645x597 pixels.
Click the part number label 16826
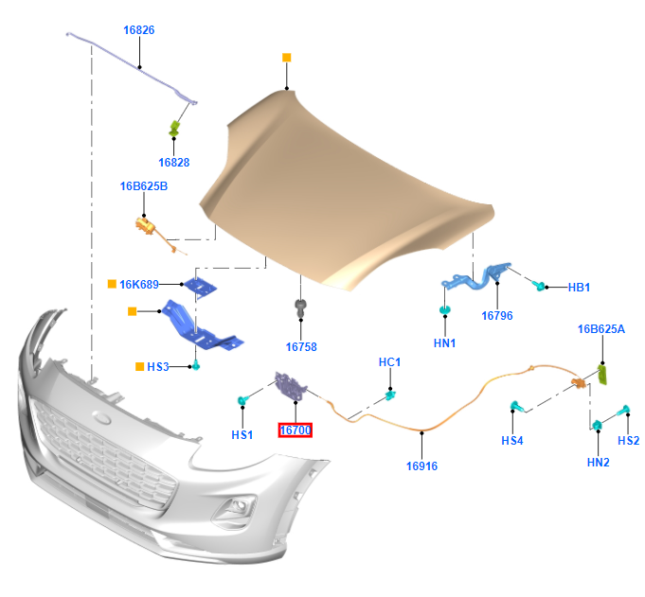(138, 30)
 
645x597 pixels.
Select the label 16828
(174, 162)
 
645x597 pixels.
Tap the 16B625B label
(143, 186)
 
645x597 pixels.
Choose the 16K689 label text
(138, 284)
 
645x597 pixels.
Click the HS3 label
(157, 367)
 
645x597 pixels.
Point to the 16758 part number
(301, 347)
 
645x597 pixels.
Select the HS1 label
(242, 434)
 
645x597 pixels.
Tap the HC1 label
(390, 362)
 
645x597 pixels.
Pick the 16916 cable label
(422, 465)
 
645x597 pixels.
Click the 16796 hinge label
(496, 316)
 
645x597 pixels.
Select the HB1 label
(579, 287)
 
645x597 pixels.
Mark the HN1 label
(444, 343)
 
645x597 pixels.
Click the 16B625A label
(601, 329)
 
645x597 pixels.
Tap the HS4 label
(512, 441)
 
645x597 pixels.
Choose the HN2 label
(598, 463)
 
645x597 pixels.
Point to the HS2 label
(629, 441)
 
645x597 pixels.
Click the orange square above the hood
(286, 58)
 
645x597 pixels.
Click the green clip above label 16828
(175, 128)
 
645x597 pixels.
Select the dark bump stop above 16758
(300, 307)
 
